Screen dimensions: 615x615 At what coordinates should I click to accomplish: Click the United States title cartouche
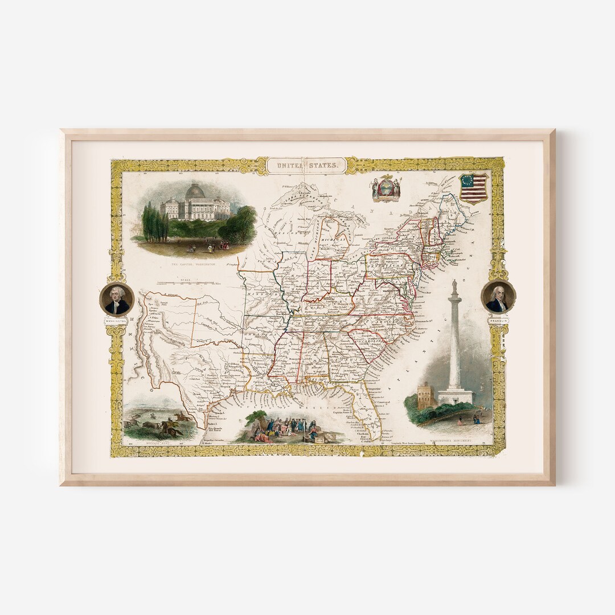tap(306, 165)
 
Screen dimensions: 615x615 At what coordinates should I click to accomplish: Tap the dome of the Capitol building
tap(195, 192)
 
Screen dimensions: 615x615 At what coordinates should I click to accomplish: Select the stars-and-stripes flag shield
tap(474, 188)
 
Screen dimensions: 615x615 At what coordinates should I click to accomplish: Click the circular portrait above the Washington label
tap(117, 300)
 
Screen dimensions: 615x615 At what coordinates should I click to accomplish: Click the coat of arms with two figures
tap(386, 188)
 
